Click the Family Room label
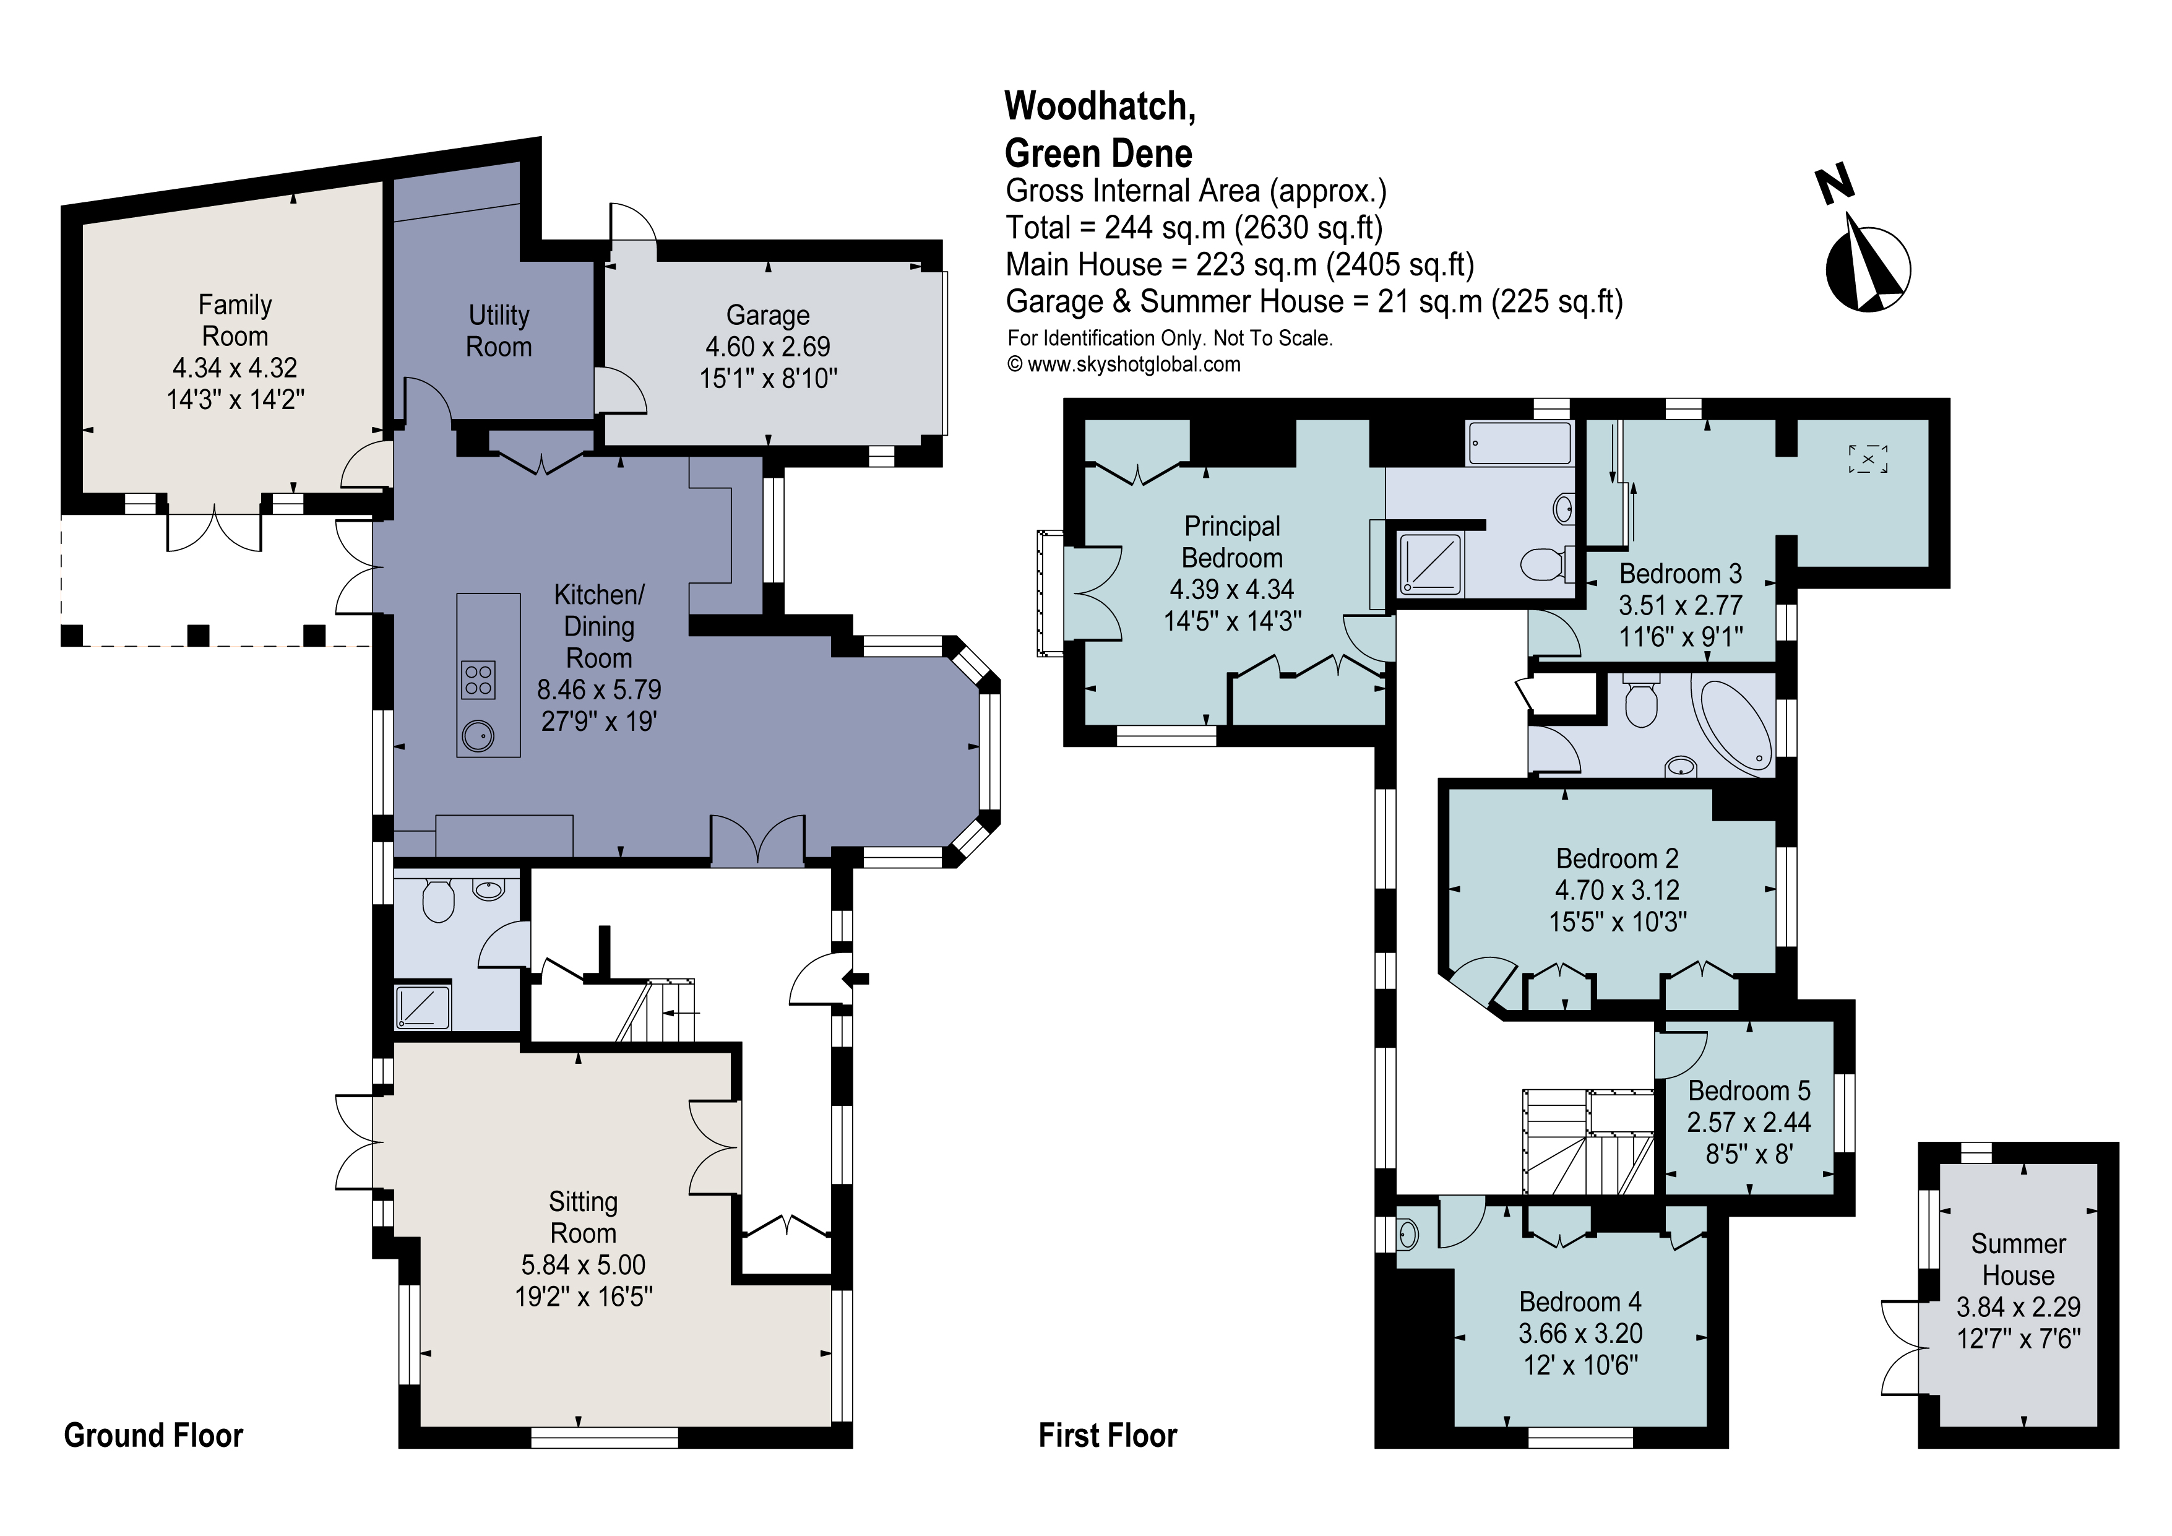(x=235, y=321)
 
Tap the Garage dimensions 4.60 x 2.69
(x=767, y=347)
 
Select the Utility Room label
(x=499, y=331)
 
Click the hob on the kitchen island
(x=478, y=681)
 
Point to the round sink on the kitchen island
(x=478, y=735)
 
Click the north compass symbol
(x=1866, y=268)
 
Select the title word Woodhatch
(x=1098, y=106)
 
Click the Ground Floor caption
(x=153, y=1436)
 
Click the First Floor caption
(x=1107, y=1436)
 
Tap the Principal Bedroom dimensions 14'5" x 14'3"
(x=1231, y=621)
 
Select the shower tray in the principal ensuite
(x=1429, y=564)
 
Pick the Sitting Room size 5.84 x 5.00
(x=583, y=1264)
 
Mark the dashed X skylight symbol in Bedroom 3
(x=1868, y=459)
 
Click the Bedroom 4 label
(x=1580, y=1301)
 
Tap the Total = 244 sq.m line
(x=1194, y=228)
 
